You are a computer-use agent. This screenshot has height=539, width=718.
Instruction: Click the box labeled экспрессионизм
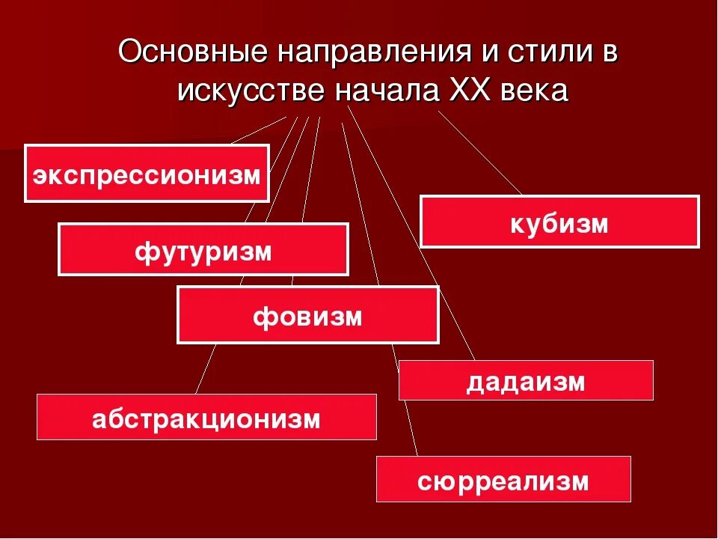click(x=147, y=174)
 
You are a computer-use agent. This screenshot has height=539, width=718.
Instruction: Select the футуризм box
click(x=203, y=249)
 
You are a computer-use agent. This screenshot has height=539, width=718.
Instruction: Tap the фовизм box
click(x=307, y=315)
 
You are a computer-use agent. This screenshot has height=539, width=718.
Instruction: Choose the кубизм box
click(x=559, y=222)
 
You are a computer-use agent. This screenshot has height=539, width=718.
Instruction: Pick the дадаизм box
click(x=525, y=380)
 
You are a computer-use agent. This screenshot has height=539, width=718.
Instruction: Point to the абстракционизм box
click(x=206, y=417)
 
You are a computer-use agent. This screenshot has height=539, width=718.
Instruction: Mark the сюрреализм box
click(x=503, y=479)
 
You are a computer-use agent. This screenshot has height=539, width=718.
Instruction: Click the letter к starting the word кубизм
click(x=517, y=222)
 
